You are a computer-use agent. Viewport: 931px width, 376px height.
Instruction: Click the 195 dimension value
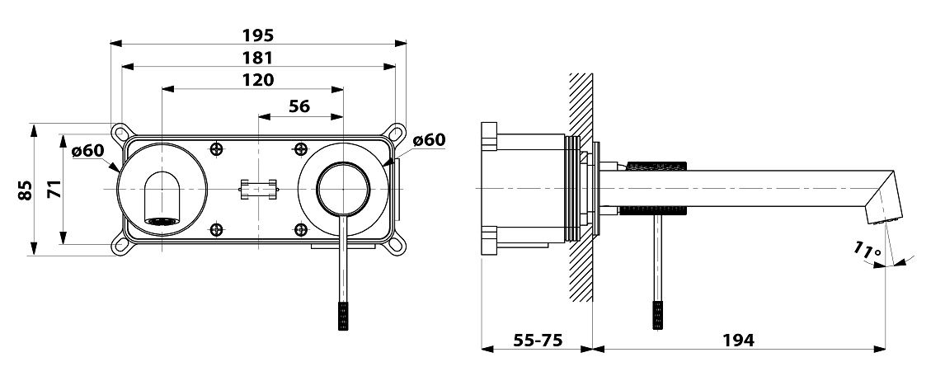coord(257,35)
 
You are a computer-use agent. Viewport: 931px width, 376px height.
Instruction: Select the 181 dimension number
coord(257,59)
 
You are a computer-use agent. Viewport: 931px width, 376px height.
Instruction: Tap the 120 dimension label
coord(257,80)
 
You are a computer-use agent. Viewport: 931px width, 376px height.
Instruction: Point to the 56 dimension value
coord(299,106)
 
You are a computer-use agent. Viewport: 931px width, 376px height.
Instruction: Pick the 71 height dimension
coord(52,190)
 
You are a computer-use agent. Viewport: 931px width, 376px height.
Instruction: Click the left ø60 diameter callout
coord(87,151)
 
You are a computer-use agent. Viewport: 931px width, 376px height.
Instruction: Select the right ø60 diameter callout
coord(429,140)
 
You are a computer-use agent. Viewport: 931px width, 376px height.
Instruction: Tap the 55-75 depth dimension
coord(538,341)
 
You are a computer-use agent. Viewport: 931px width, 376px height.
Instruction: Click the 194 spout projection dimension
coord(739,341)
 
